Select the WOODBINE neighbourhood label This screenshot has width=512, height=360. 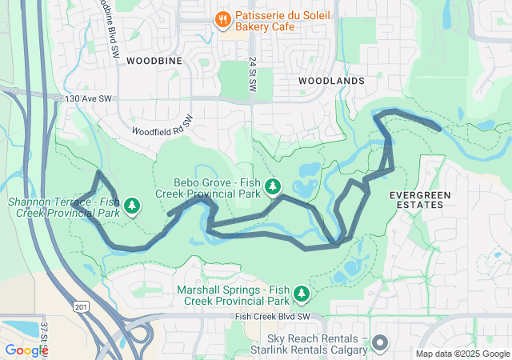(154, 61)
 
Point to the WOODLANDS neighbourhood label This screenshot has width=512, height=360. (331, 81)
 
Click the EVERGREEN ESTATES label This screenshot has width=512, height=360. (419, 200)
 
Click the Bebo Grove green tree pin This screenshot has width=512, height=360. (273, 186)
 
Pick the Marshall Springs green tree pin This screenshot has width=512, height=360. (301, 294)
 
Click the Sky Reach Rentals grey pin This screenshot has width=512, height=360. (379, 343)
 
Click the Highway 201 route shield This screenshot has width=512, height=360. (80, 307)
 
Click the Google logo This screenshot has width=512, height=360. (26, 350)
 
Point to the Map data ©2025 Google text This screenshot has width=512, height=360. (462, 354)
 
